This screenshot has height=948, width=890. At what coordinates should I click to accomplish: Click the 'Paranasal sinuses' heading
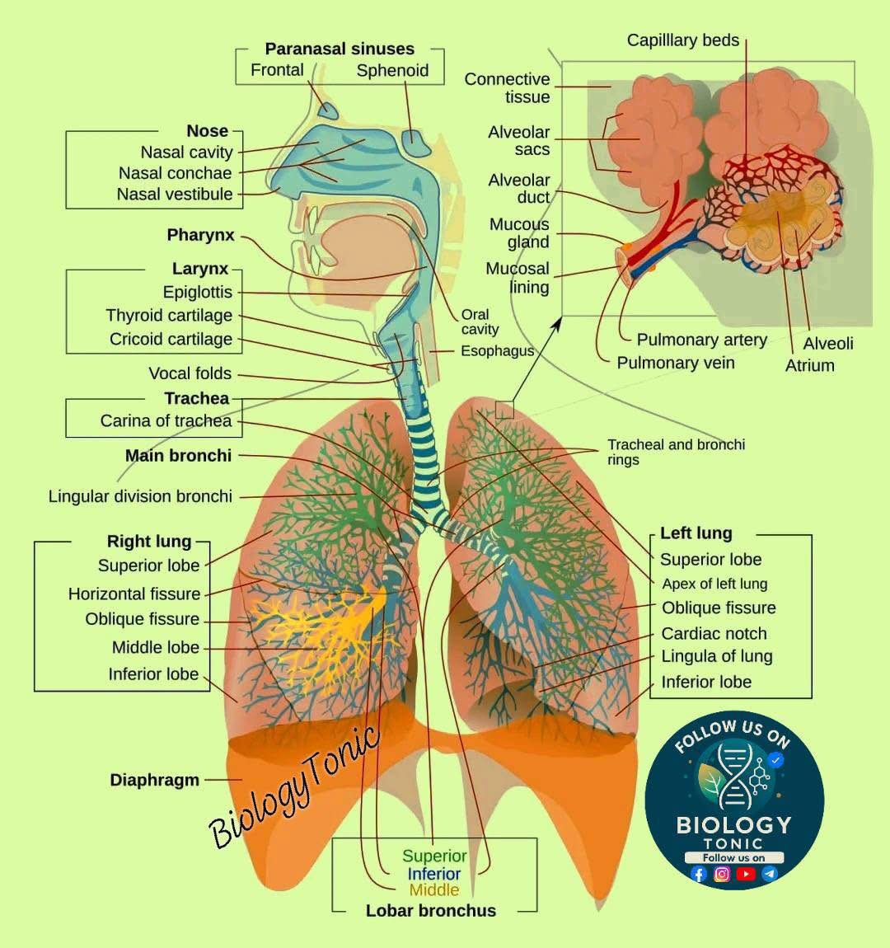tap(340, 49)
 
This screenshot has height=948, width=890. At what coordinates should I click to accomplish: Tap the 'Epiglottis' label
tap(198, 292)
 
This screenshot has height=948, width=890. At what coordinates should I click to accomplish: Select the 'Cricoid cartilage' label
tap(171, 339)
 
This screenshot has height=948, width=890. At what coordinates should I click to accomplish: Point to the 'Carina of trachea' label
tap(166, 420)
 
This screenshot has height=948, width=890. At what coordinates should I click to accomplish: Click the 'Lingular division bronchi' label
tap(140, 496)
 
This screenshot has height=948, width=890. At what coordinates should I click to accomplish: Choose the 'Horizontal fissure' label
tap(134, 594)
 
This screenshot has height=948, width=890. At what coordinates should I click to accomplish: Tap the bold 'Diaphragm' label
tap(155, 780)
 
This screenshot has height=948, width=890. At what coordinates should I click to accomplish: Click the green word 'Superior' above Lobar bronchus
tap(434, 856)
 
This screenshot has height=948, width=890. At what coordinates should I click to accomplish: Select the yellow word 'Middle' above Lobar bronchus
tap(434, 890)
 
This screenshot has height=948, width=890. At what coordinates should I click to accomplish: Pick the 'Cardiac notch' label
tap(714, 634)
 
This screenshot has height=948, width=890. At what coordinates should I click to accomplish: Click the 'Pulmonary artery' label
tap(702, 340)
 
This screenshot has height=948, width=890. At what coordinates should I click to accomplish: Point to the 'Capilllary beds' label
tap(683, 40)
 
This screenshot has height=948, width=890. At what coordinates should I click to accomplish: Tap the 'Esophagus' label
tap(497, 351)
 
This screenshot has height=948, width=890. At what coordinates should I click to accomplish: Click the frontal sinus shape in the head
tap(328, 110)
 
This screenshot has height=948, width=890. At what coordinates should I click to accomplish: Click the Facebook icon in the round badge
tap(699, 875)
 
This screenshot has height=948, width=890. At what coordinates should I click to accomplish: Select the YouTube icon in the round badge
tap(746, 875)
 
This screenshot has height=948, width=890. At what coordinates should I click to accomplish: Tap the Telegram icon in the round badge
tap(769, 875)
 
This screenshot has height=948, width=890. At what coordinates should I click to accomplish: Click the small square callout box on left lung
tap(504, 410)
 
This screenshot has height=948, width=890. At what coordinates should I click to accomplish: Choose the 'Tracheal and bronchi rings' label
tap(676, 453)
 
